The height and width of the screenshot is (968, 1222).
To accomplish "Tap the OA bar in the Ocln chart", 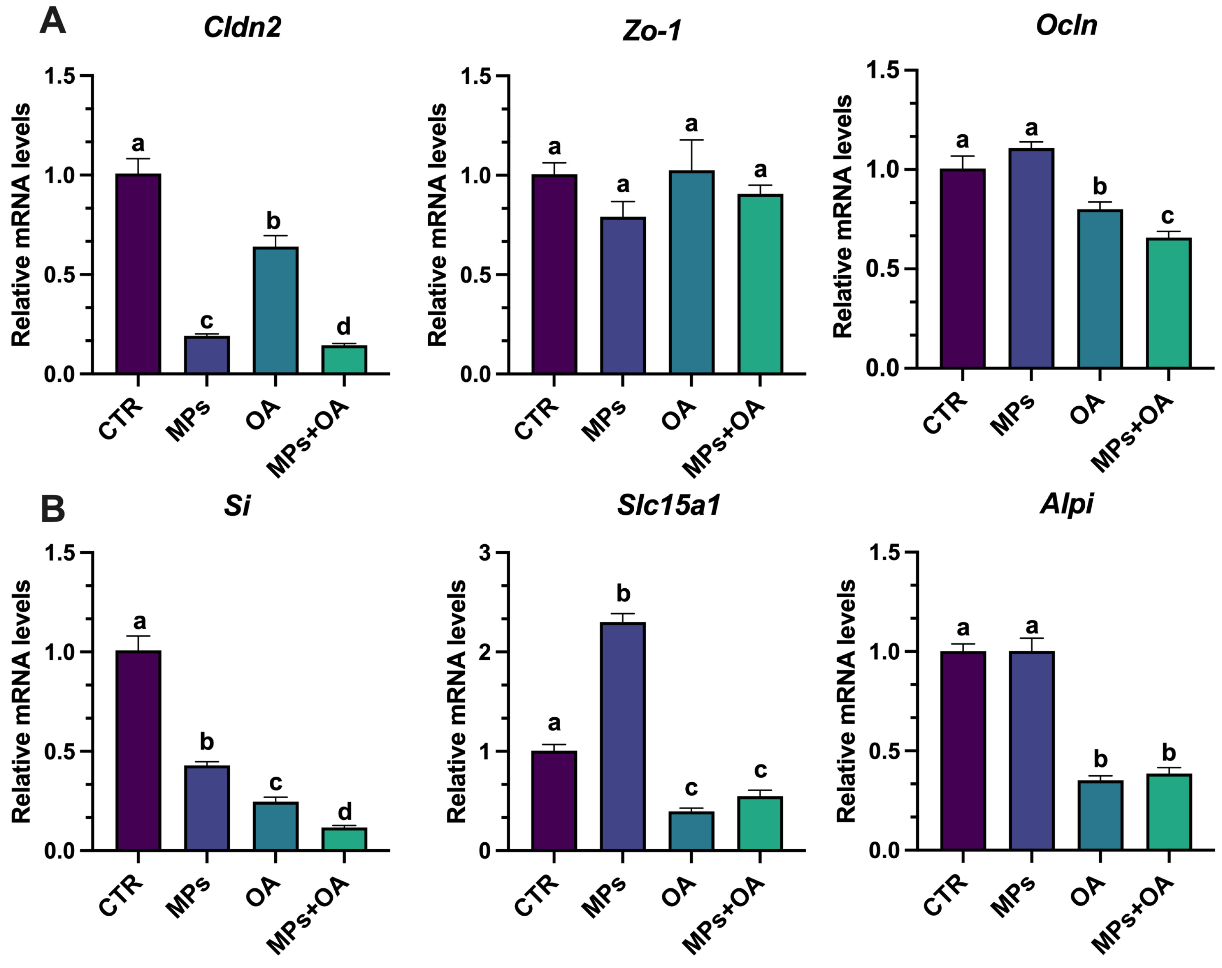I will [1100, 289].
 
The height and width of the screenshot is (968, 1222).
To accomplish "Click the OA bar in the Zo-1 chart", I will [691, 272].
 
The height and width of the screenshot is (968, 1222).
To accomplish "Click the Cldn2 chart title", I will [242, 27].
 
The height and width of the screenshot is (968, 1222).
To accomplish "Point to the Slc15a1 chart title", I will [669, 504].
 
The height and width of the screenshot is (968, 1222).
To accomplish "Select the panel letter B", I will [53, 509].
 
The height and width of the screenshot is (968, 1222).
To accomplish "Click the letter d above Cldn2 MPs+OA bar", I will [344, 327].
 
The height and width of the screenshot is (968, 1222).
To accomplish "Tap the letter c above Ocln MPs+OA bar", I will [1168, 216].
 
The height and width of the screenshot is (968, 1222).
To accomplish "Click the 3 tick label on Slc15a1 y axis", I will [484, 553].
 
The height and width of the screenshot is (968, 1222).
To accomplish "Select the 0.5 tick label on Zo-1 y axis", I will [476, 275].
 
